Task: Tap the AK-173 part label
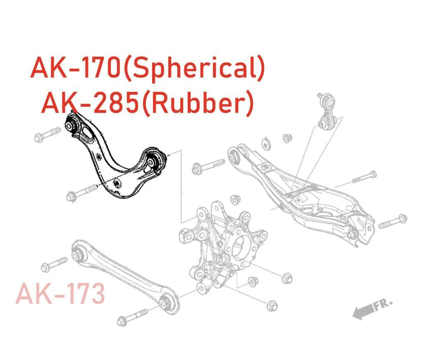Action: (60, 294)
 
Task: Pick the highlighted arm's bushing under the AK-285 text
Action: (74, 123)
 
